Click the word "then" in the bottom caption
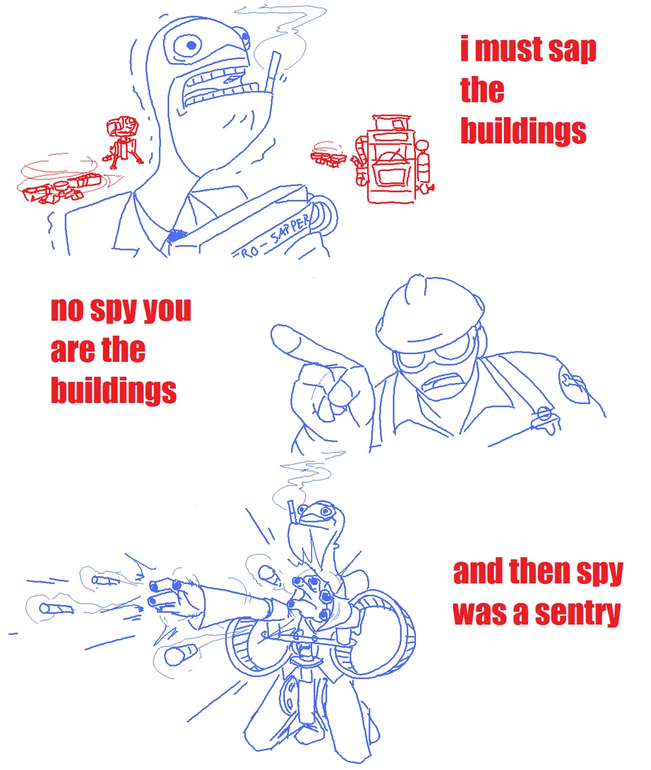540,571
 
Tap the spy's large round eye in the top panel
191,46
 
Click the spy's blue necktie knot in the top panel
176,236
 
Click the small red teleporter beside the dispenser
329,155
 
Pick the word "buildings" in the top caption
523,131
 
